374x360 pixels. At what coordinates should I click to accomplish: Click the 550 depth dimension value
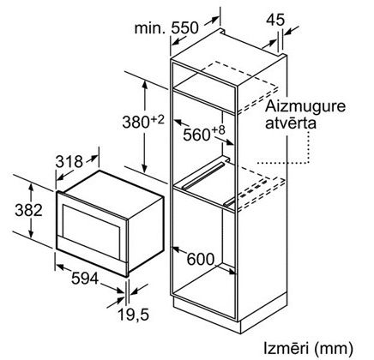point(184,27)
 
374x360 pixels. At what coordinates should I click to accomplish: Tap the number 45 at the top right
point(275,20)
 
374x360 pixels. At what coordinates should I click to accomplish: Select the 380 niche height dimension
point(136,122)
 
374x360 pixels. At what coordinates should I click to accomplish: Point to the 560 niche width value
point(196,135)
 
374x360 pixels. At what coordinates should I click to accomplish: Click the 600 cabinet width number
point(201,259)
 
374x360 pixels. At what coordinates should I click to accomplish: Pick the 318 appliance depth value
point(69,162)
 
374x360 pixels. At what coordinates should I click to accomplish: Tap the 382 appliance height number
point(28,210)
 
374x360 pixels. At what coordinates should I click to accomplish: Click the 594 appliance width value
point(85,278)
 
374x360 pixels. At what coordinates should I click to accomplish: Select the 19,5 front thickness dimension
point(134,315)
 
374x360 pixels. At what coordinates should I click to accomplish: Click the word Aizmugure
point(305,107)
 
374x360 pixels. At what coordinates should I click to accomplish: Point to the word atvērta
point(291,123)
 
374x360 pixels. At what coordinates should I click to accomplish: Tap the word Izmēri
point(286,348)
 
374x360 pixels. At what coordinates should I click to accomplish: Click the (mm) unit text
point(334,349)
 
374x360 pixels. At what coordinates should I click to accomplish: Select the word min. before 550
point(150,28)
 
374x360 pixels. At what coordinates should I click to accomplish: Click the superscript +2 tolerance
point(158,119)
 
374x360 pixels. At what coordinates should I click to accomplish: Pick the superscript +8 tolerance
point(218,130)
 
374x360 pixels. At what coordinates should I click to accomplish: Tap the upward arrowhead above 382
point(31,188)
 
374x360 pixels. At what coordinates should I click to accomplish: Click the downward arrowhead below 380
point(145,169)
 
